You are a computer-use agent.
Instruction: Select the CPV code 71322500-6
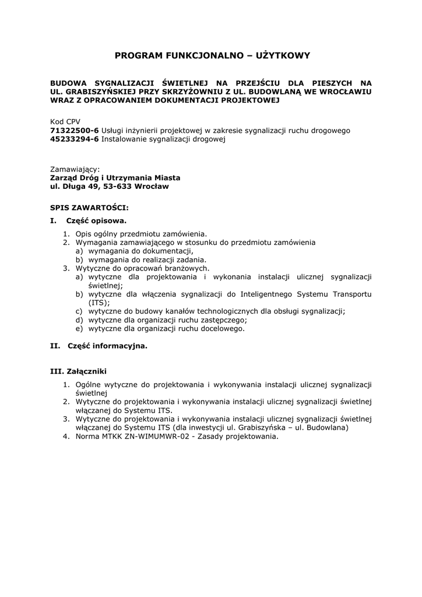tap(75, 131)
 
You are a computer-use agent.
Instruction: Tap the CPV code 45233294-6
tap(75, 139)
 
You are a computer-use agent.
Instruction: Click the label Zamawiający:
tap(75, 168)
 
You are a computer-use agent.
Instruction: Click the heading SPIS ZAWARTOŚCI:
tap(89, 207)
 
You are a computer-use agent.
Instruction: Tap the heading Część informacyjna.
tap(107, 346)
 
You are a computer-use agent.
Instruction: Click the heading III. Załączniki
tap(79, 371)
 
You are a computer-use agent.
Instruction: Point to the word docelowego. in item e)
tap(221, 328)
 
